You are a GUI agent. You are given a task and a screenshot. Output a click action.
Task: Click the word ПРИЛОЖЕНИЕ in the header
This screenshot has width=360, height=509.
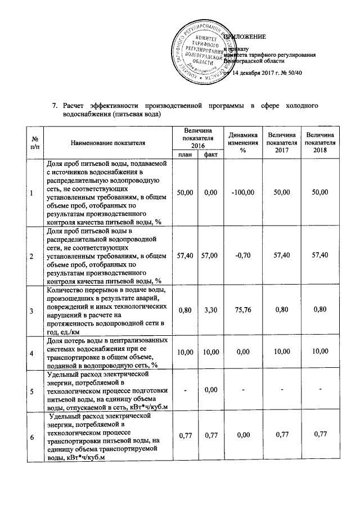pos(245,37)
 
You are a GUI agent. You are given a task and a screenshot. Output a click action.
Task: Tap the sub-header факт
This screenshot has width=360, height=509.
pos(211,154)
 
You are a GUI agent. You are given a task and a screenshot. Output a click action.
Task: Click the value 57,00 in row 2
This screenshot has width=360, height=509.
pos(211,256)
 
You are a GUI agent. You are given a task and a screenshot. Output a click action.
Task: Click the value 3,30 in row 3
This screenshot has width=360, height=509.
pos(211,310)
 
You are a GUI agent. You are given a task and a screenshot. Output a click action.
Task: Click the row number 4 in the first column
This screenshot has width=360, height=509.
pos(31,352)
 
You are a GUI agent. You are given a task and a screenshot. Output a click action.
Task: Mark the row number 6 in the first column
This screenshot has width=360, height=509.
pos(31,437)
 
